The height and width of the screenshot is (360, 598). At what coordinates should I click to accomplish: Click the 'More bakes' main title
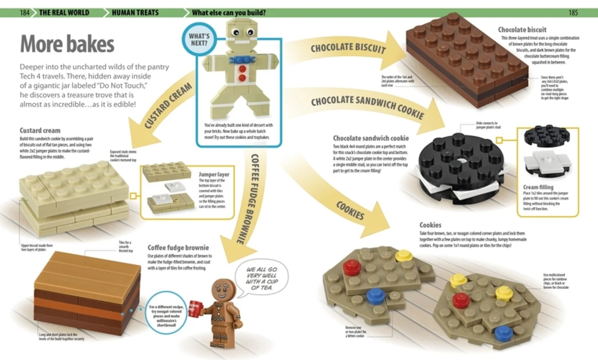pos(67,44)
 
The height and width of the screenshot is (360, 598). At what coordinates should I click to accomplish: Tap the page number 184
pos(25,13)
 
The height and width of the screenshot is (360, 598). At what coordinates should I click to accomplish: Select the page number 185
pos(573,13)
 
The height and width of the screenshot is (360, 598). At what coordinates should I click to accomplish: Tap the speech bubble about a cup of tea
pos(261,279)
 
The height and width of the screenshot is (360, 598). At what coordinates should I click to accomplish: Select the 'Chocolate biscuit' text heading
pos(522,30)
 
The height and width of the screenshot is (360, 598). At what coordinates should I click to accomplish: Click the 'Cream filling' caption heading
pos(538,187)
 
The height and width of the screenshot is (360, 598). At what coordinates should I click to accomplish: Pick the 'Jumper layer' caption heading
pos(214,174)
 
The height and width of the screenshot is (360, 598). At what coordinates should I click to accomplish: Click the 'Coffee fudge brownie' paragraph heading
pos(178,248)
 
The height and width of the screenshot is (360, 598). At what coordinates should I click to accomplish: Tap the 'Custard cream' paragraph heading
pos(40,130)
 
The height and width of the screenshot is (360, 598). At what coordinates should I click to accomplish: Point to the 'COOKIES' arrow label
pos(350,210)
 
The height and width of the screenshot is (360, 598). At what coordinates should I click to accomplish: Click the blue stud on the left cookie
pos(376,295)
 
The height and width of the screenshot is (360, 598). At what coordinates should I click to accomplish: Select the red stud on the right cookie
pos(460,300)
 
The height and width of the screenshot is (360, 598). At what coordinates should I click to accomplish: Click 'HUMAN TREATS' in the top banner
pos(135,13)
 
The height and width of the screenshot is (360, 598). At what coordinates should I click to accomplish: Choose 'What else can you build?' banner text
pos(229,13)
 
